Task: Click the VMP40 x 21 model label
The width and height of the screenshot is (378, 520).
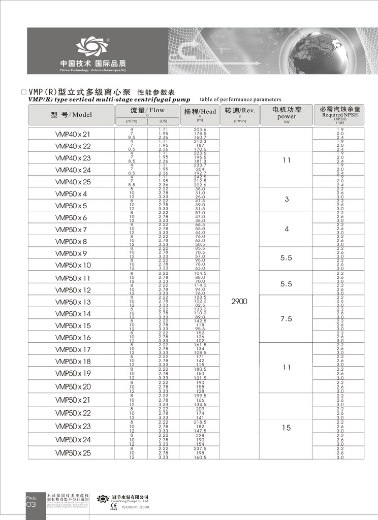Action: pos(72,135)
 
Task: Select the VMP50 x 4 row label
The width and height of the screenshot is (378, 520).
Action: pos(71,193)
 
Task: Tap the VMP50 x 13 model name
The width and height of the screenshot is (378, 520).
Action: pos(73,302)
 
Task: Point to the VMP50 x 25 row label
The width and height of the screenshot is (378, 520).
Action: pos(73,452)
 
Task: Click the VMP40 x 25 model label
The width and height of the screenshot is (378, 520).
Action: pos(73,182)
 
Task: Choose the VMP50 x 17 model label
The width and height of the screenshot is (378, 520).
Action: pos(73,349)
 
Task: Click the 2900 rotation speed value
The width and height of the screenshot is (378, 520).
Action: pos(239,302)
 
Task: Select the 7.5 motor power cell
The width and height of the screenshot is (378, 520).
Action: pos(287,319)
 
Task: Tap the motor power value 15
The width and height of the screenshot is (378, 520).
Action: pos(287,428)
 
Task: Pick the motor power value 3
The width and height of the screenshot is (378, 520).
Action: pos(287,200)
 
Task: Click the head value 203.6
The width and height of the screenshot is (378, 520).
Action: pos(200,129)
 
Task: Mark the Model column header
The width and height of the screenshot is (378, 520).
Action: pos(72,115)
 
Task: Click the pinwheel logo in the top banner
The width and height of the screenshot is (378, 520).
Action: pos(93,47)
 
